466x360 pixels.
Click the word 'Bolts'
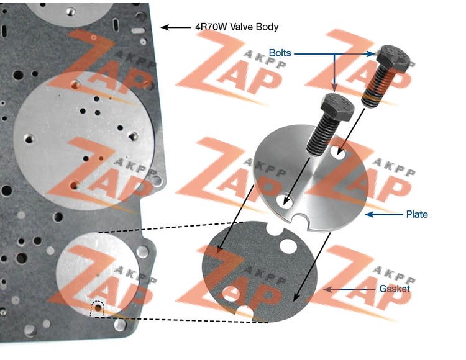pyautogui.click(x=280, y=53)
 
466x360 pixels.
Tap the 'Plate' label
pyautogui.click(x=418, y=215)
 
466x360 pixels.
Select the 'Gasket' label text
pyautogui.click(x=395, y=289)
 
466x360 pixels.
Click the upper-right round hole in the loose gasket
pyautogui.click(x=288, y=246)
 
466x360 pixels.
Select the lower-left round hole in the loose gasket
pyautogui.click(x=230, y=294)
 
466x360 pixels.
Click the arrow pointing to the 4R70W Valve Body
pyautogui.click(x=175, y=27)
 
